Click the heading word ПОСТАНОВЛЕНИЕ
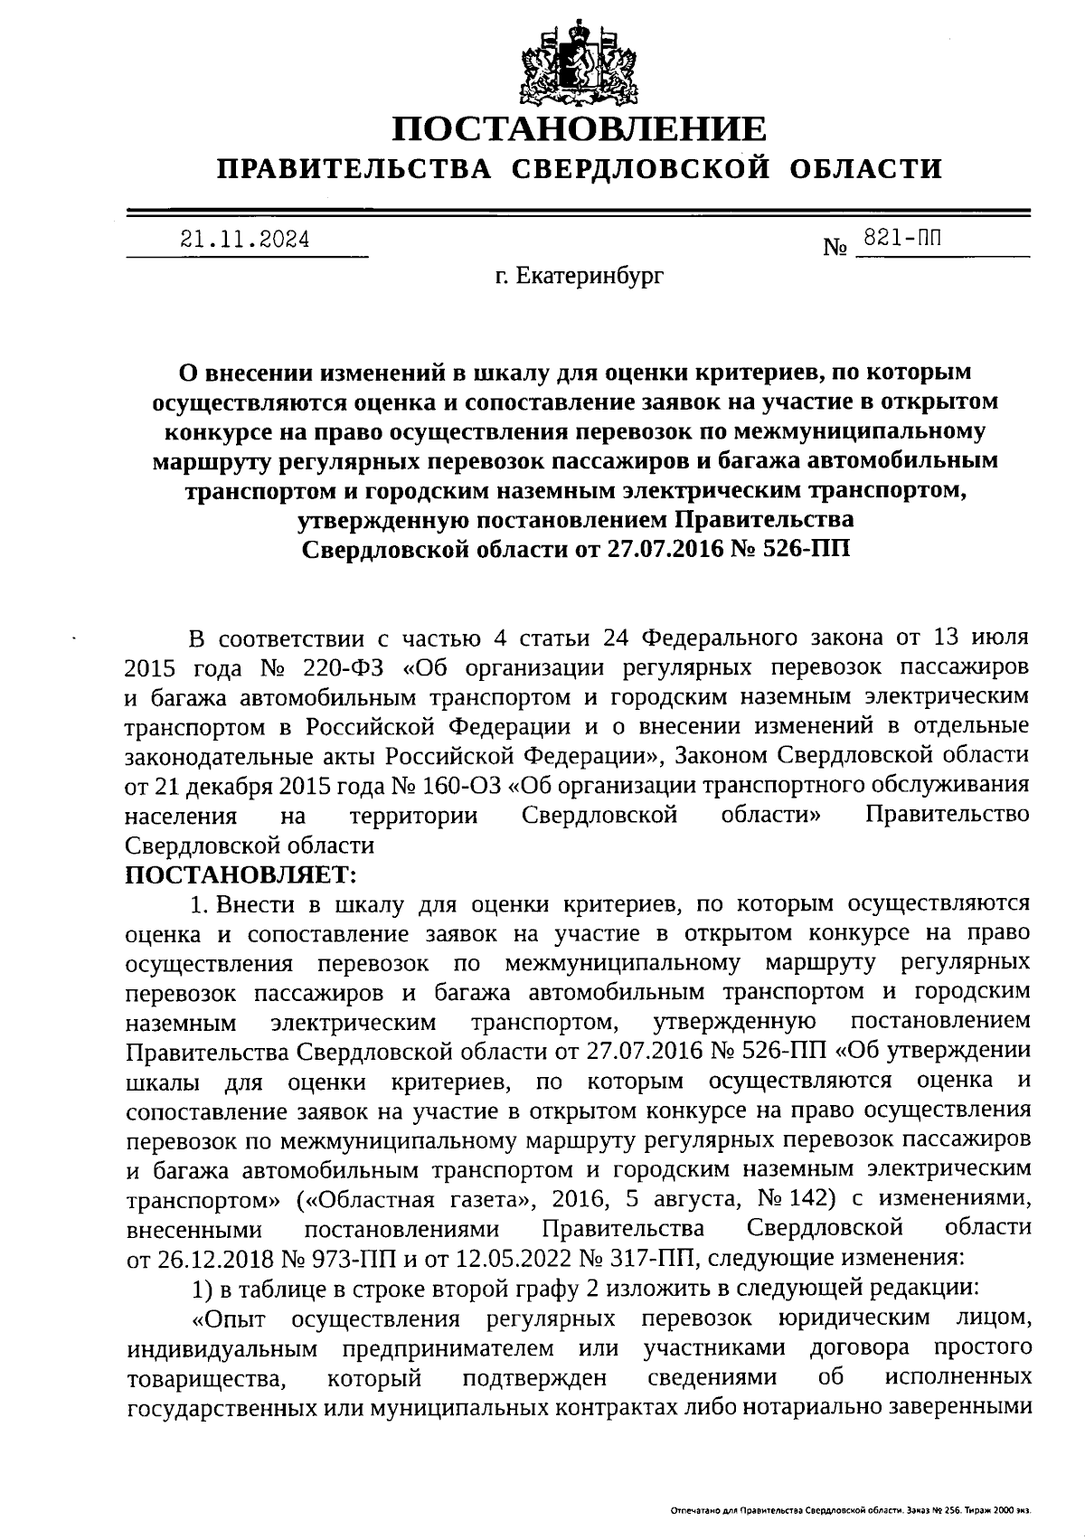tap(579, 128)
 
